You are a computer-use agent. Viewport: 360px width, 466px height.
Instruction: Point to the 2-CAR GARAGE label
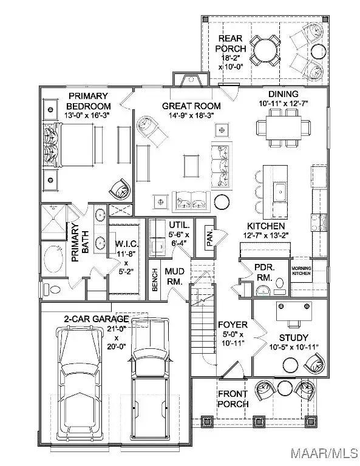[x=97, y=319]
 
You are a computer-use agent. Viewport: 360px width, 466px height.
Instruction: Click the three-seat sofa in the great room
[x=221, y=166]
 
